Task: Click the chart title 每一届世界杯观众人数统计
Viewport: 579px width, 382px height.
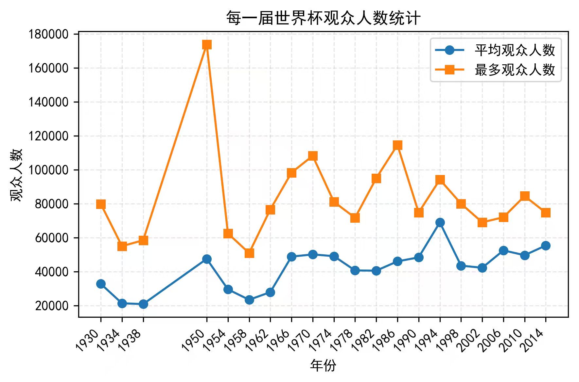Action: tap(323, 18)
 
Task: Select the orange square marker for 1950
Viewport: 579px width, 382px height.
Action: tap(207, 44)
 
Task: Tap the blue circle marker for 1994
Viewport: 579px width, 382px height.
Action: tap(440, 223)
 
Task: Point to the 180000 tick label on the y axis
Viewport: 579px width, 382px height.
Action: tap(48, 34)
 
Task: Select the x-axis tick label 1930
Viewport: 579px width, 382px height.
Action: tap(88, 340)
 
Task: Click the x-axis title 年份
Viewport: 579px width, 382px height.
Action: tap(323, 365)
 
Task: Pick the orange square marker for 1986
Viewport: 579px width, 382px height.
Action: tap(397, 145)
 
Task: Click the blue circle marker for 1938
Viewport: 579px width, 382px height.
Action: tap(143, 304)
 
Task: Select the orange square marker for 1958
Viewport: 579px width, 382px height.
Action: tap(249, 253)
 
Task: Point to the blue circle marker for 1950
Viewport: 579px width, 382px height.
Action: tap(207, 259)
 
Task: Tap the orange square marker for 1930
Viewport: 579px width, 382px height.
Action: tap(101, 204)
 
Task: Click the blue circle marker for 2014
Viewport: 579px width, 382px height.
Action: tap(546, 246)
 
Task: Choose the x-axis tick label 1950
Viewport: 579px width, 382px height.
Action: tap(194, 340)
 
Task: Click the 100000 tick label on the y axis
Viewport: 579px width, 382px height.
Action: tap(48, 170)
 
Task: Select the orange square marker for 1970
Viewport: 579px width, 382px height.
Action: tap(313, 156)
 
